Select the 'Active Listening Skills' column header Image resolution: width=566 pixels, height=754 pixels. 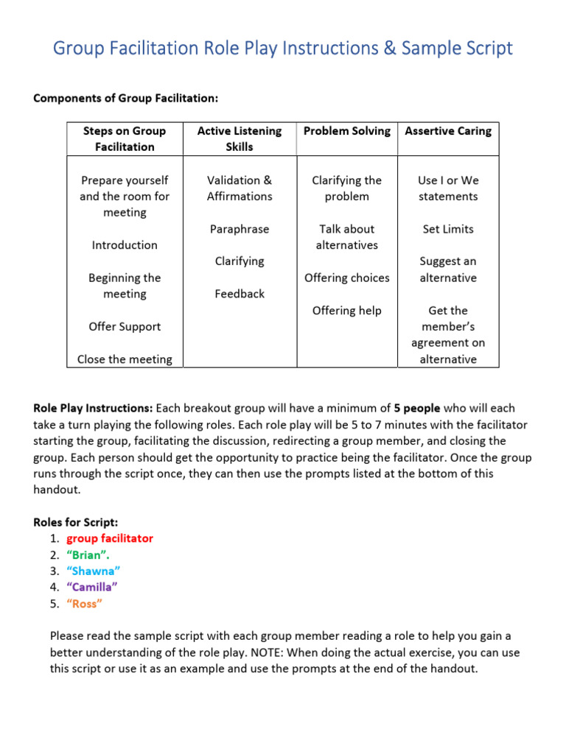(240, 138)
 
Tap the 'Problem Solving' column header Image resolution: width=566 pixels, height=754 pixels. (347, 131)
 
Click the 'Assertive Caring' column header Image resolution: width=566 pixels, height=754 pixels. (448, 131)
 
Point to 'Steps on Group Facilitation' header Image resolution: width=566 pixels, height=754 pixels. (125, 138)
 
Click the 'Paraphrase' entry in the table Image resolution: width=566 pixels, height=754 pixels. (240, 229)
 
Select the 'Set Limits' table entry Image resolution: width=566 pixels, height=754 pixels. (448, 229)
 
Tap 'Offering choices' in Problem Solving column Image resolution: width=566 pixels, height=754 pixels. (347, 278)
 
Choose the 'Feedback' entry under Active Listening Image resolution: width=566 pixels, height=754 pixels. (240, 294)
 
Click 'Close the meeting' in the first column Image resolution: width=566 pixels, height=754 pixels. (125, 359)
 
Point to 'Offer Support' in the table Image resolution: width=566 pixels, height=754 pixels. (125, 326)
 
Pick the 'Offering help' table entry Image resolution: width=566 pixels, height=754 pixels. (347, 311)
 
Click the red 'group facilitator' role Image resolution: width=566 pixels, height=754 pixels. (110, 538)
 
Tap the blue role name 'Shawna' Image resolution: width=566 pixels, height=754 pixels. (93, 571)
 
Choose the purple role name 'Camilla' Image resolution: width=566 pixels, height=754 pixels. (92, 587)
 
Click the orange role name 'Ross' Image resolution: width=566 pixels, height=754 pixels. (85, 604)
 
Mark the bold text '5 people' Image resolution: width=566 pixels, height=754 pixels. (418, 408)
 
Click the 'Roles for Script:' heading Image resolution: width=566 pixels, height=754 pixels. (75, 522)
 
